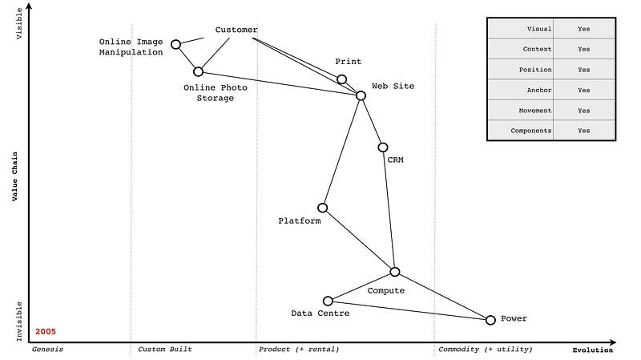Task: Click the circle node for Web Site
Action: (361, 95)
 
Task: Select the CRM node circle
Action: (383, 147)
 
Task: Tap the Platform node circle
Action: (322, 208)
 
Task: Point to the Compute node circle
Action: (394, 272)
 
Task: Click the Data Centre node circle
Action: (328, 301)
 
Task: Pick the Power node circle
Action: (490, 320)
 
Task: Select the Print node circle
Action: (341, 79)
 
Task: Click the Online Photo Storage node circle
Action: (198, 71)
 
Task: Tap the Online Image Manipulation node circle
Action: (175, 44)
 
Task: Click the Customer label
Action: (236, 30)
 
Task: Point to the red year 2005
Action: (46, 331)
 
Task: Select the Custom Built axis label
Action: (165, 350)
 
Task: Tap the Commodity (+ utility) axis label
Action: (485, 350)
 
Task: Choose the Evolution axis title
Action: (592, 350)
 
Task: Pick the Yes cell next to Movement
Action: (583, 111)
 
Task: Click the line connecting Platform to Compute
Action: (358, 240)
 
